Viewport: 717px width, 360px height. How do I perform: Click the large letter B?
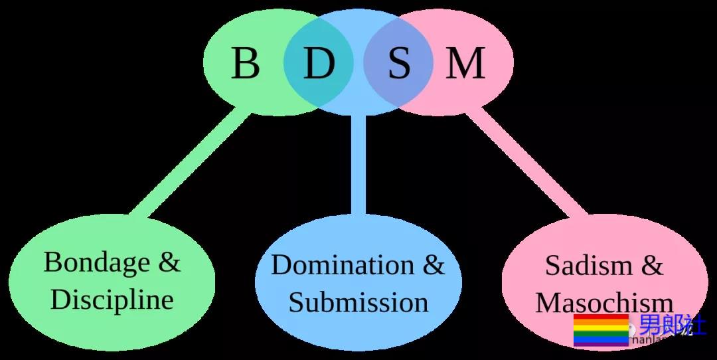(x=245, y=64)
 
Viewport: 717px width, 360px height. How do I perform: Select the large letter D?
(x=319, y=64)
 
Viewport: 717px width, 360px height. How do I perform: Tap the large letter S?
(x=399, y=64)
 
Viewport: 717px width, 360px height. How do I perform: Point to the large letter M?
(x=465, y=64)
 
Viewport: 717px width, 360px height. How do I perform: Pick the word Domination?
(x=341, y=265)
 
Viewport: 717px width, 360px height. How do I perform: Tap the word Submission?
(x=358, y=302)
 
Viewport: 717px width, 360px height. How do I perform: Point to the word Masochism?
(x=604, y=303)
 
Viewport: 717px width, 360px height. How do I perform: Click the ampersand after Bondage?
(x=169, y=262)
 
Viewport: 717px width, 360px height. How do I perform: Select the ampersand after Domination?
(x=434, y=265)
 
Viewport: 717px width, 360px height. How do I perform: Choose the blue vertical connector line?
(x=358, y=166)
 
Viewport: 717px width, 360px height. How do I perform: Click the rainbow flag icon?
(x=600, y=330)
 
